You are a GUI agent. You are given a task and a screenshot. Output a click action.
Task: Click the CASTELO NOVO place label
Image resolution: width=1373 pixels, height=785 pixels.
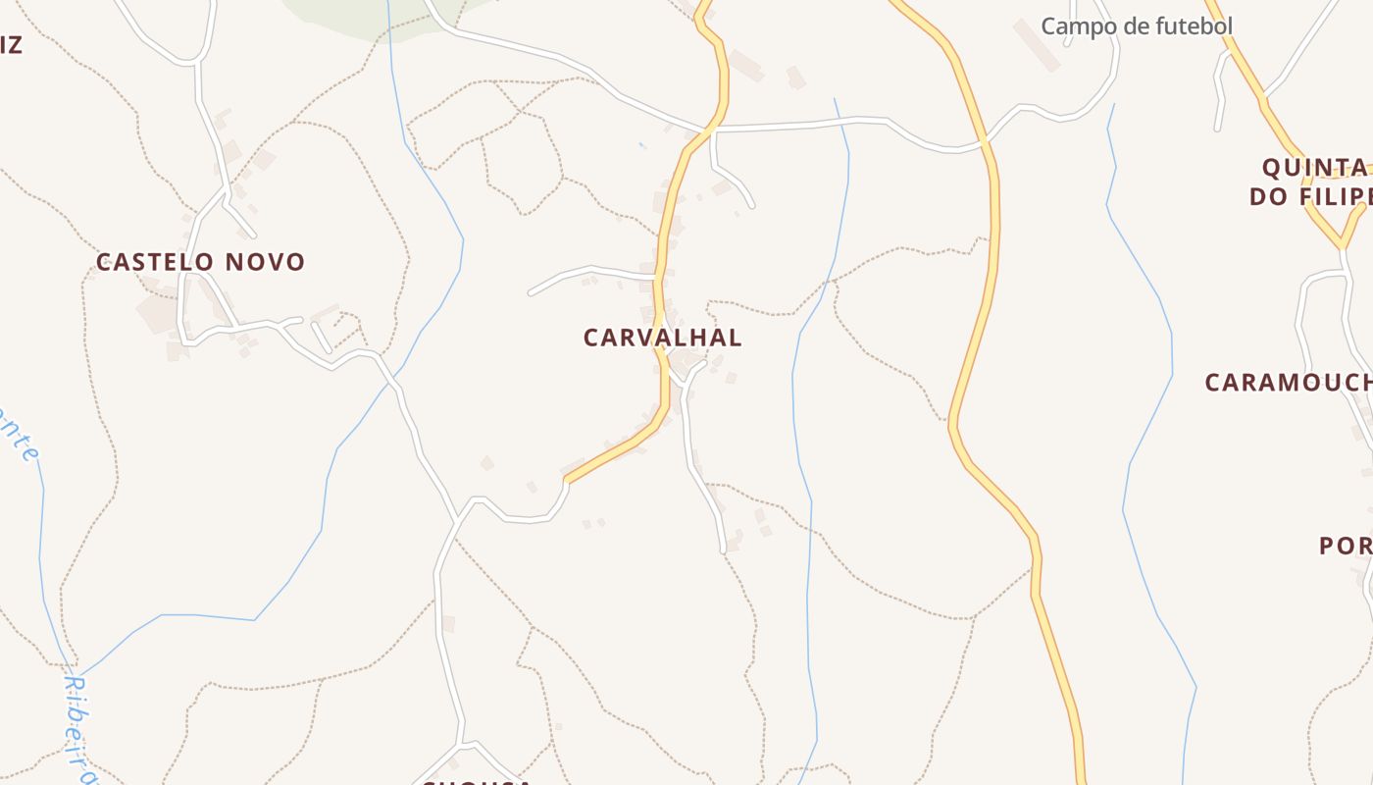[x=201, y=262]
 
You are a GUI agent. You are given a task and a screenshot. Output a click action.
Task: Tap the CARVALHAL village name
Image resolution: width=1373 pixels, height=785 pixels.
[x=662, y=338]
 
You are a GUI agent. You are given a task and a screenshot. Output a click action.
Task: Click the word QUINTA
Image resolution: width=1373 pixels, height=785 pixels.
[x=1314, y=166]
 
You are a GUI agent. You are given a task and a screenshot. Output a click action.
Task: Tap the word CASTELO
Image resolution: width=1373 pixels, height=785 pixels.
[x=155, y=262]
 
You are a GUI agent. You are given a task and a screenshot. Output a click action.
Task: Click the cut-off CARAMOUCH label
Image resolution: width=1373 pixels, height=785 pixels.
[x=1288, y=383]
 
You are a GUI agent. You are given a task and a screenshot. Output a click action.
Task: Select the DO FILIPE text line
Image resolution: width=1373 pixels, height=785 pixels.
[x=1309, y=195]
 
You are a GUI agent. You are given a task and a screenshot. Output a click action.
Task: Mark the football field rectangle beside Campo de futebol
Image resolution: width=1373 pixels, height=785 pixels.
[x=1036, y=44]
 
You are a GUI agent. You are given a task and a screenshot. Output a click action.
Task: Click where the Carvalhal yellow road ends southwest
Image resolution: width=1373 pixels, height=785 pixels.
[x=567, y=481]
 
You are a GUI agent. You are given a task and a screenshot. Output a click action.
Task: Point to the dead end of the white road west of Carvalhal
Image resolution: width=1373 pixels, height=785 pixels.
[x=531, y=292]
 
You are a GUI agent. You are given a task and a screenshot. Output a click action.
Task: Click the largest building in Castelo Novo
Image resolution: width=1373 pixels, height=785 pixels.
[x=157, y=314]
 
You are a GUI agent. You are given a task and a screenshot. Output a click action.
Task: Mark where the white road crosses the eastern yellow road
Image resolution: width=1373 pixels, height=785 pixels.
[x=986, y=144]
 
